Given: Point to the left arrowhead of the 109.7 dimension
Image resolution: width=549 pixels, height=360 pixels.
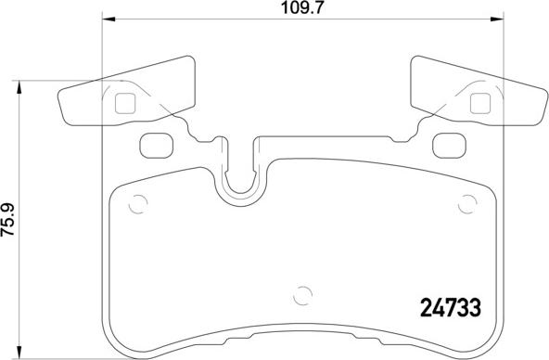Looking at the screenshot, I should (x=106, y=19).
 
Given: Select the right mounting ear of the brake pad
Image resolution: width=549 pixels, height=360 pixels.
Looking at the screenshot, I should (x=476, y=96).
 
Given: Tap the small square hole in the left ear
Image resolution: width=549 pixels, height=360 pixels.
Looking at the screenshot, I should (x=124, y=104).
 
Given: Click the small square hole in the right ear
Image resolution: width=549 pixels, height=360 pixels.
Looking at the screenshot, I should (x=479, y=104).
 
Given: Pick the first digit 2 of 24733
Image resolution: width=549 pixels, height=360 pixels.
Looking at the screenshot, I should (x=416, y=306).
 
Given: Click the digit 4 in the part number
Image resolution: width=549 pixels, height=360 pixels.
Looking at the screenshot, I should (x=433, y=306).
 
